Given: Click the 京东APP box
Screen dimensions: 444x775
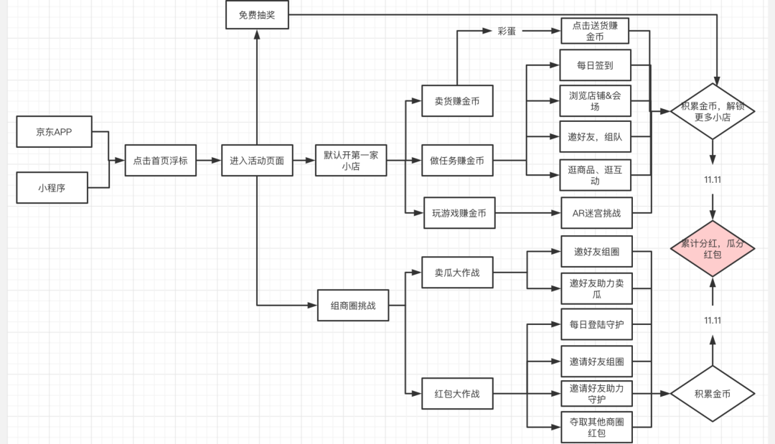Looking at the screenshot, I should [54, 132].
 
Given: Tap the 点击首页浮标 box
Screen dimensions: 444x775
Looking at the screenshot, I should [160, 161].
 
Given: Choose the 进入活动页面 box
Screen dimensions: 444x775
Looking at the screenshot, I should [257, 161].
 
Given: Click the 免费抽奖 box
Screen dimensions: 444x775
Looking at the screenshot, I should [256, 14].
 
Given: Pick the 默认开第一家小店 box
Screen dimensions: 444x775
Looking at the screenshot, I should [351, 161].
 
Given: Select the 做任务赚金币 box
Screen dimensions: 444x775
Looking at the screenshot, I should [457, 161].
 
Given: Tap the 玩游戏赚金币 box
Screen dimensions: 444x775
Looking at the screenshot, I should [459, 212].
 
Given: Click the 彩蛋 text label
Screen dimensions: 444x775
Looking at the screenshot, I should [506, 32].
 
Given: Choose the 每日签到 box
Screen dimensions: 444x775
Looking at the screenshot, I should [595, 65].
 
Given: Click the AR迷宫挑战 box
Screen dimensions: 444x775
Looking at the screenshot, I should [596, 213].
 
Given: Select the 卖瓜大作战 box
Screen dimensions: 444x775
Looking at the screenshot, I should [457, 273].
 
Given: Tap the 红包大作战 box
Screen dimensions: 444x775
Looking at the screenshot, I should [457, 393].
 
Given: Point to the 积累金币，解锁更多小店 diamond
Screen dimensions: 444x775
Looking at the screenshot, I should [713, 112].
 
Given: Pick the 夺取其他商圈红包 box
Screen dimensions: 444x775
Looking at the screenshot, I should [596, 427].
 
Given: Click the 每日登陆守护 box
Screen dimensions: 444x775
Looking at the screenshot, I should [596, 324].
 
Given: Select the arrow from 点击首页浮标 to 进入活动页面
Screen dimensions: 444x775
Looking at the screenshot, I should [209, 161].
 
